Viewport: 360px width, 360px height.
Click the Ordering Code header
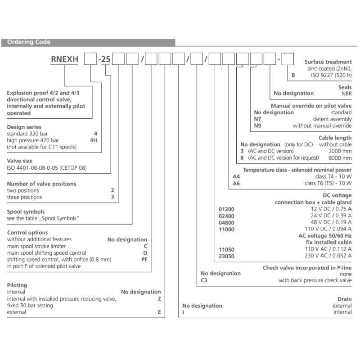(29, 42)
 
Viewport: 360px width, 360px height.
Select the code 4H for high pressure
(94, 140)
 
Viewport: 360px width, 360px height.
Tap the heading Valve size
(20, 161)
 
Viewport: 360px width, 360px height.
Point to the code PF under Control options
(144, 259)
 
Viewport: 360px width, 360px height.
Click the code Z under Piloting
(159, 298)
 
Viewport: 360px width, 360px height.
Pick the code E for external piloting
(159, 312)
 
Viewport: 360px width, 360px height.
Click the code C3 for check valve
(204, 280)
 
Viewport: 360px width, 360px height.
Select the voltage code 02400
(226, 216)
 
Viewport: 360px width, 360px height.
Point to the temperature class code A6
(236, 183)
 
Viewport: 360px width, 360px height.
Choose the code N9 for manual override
(258, 126)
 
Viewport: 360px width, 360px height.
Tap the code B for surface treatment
(293, 75)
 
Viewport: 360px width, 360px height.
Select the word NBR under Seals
(346, 94)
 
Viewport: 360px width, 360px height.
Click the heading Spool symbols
(26, 211)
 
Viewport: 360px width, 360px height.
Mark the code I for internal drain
(184, 312)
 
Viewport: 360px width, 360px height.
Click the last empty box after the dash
(288, 59)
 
